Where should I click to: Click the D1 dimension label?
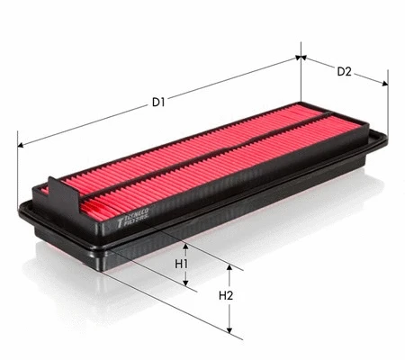click(x=158, y=102)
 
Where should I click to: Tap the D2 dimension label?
click(x=344, y=71)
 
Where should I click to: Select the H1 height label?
click(x=181, y=264)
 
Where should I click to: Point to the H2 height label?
click(x=226, y=296)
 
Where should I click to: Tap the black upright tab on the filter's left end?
click(x=58, y=192)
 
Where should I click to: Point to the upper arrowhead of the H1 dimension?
click(x=186, y=245)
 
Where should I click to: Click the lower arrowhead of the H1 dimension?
click(x=186, y=285)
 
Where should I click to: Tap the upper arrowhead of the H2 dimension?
click(x=230, y=268)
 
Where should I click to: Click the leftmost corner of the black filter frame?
click(x=20, y=209)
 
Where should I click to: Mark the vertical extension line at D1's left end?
click(x=18, y=171)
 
